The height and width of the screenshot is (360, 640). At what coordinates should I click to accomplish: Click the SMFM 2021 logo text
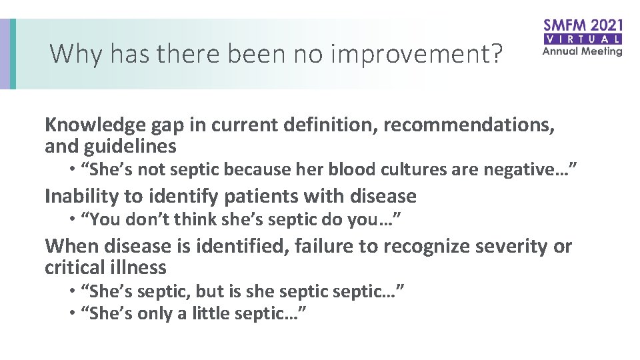pos(583,25)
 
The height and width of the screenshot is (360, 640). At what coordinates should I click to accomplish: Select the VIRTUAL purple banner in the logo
pos(583,39)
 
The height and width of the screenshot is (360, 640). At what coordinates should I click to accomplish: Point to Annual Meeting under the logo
pos(583,51)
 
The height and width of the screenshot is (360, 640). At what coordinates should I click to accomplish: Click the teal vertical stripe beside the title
pos(13,53)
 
